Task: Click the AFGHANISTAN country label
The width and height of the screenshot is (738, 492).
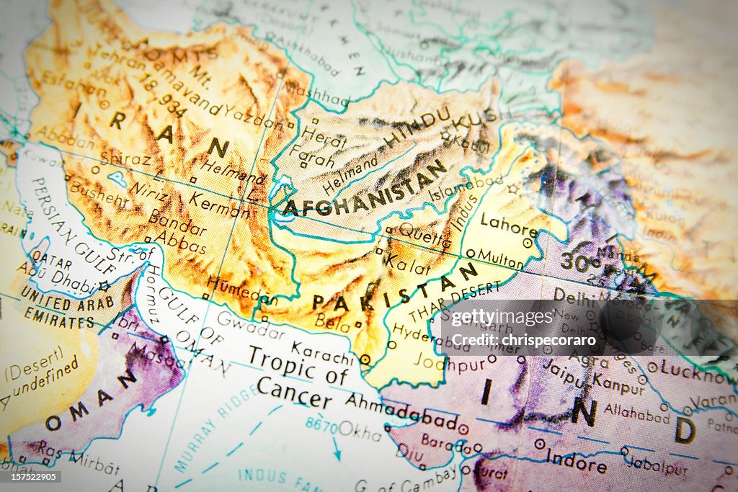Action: [364, 189]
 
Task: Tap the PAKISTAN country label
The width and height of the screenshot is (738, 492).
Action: [395, 287]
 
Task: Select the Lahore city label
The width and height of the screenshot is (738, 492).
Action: [509, 225]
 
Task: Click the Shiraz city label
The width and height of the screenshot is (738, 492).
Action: [125, 158]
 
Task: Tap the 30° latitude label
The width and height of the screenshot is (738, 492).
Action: [580, 262]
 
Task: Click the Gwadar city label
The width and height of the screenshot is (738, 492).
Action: [250, 324]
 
